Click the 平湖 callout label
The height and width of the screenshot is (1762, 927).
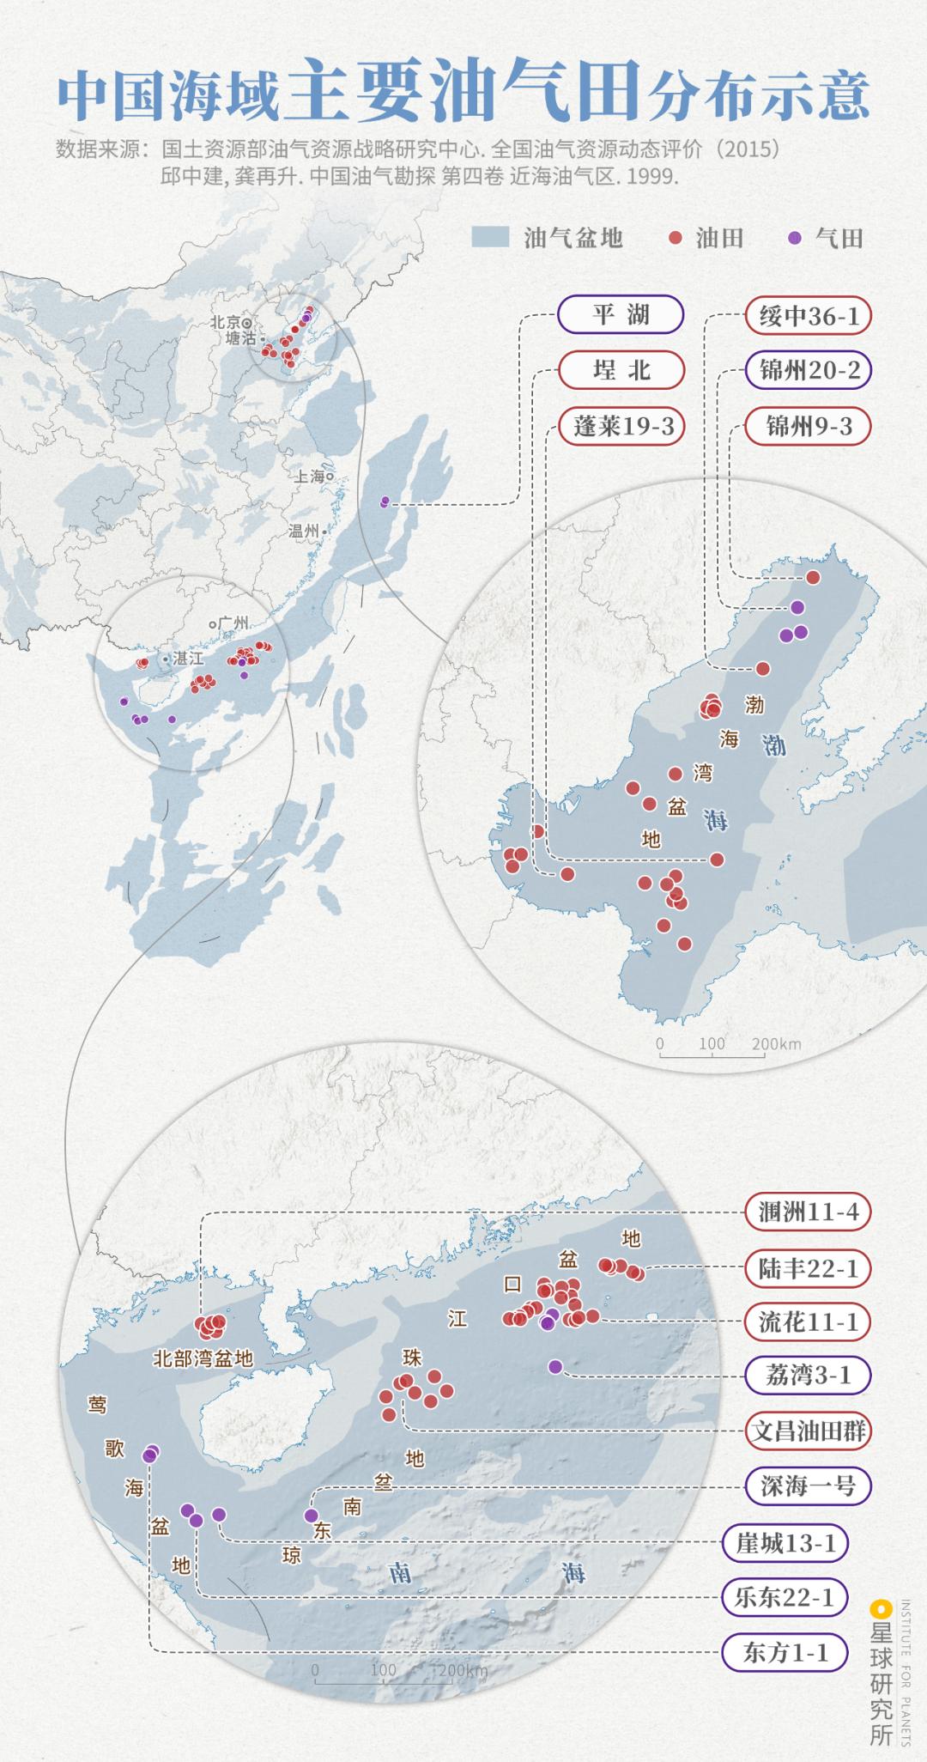[x=621, y=314]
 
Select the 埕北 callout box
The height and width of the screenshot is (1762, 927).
[x=621, y=370]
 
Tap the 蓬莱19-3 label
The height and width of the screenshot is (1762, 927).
[x=621, y=426]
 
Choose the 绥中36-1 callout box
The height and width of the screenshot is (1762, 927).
[x=808, y=316]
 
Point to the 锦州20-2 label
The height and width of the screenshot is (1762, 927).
[x=808, y=370]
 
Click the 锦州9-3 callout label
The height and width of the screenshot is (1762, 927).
[x=808, y=426]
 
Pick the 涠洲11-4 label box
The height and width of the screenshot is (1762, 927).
[x=808, y=1212]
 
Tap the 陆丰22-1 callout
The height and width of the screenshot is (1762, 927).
[x=808, y=1267]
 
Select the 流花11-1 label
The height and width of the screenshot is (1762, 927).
[x=808, y=1321]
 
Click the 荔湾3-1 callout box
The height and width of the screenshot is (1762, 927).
[x=808, y=1376]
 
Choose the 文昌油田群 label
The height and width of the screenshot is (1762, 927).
[x=808, y=1431]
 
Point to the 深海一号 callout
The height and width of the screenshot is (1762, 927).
[x=808, y=1485]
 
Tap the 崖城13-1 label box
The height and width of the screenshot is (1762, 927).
[x=785, y=1543]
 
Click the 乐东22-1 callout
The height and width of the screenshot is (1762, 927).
[x=785, y=1597]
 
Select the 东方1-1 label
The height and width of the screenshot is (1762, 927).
[x=785, y=1652]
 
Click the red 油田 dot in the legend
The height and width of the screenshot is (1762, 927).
[x=676, y=238]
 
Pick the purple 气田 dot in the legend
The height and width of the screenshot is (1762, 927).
[x=795, y=238]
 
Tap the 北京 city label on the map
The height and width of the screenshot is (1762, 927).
[x=226, y=322]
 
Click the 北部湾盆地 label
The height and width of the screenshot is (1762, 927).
[x=203, y=1358]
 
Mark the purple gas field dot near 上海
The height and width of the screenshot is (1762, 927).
[x=385, y=501]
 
